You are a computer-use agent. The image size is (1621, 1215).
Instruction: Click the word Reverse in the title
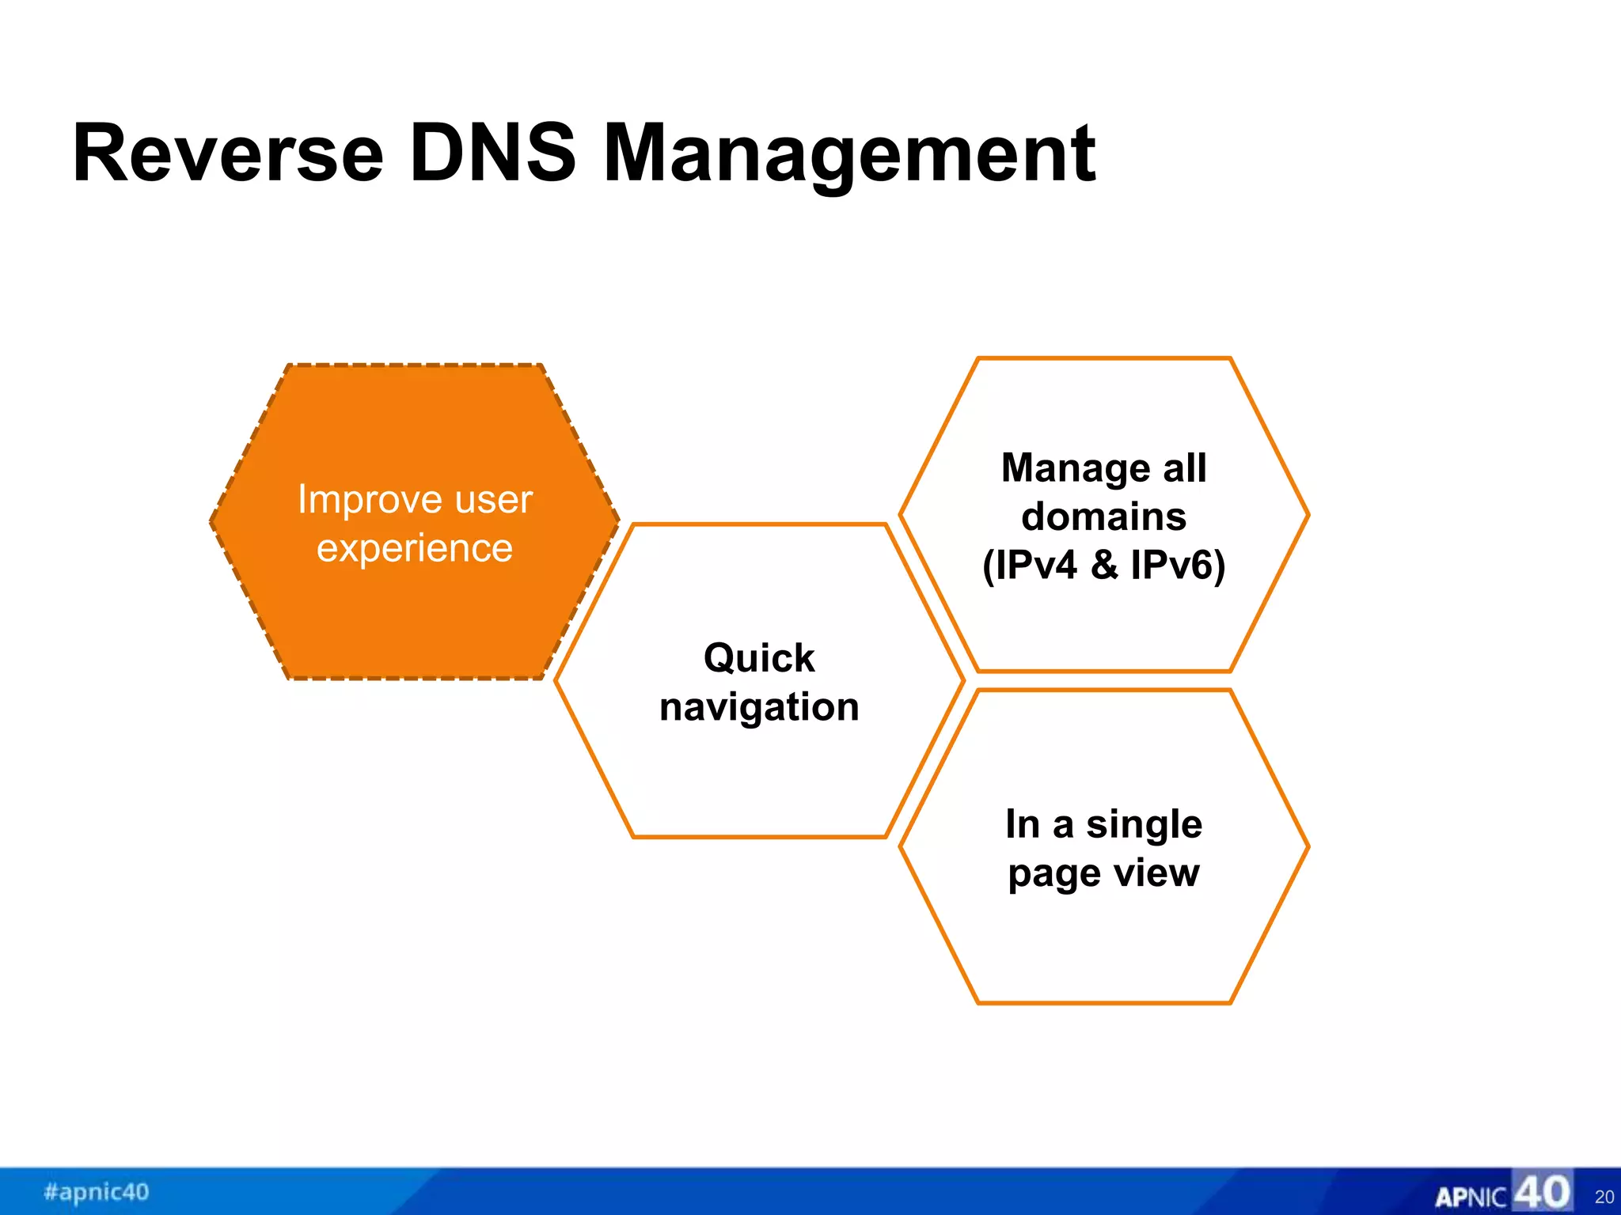click(228, 154)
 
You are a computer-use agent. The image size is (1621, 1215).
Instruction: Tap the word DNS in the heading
click(492, 154)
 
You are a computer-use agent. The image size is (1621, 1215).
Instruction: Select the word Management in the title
click(848, 156)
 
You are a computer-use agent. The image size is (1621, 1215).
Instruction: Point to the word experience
click(415, 549)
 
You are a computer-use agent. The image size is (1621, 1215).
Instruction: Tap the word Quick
click(758, 658)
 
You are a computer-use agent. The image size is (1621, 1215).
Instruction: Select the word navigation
click(758, 707)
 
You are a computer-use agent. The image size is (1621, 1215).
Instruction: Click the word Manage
click(1069, 467)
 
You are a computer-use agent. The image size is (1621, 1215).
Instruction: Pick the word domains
click(1103, 517)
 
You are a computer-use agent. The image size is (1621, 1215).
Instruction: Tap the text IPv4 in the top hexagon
click(1035, 565)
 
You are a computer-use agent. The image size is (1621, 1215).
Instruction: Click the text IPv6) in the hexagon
click(1178, 565)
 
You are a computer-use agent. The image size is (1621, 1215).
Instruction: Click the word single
click(1144, 826)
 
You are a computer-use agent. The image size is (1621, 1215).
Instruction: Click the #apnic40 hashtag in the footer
click(97, 1191)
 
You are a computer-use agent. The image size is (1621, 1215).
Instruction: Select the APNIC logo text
click(1471, 1197)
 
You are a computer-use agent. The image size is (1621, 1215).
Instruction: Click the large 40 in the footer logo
click(1541, 1191)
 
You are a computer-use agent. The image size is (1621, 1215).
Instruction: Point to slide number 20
click(1604, 1197)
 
